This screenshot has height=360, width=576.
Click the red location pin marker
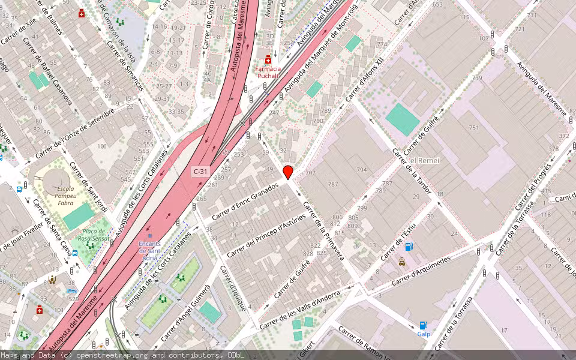click(288, 172)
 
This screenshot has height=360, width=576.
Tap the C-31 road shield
click(200, 172)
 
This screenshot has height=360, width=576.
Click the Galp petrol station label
click(424, 334)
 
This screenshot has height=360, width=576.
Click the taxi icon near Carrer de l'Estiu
click(401, 262)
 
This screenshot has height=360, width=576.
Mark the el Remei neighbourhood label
click(425, 161)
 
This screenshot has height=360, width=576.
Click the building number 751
click(474, 128)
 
